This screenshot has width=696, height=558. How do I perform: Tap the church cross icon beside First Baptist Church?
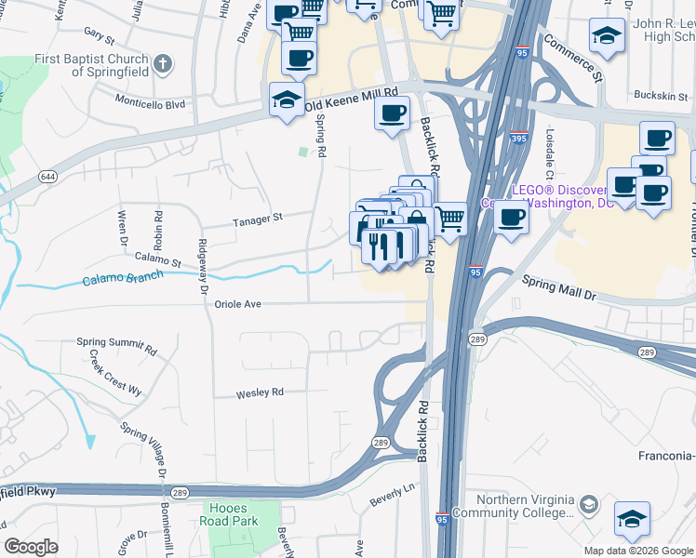[x=163, y=64]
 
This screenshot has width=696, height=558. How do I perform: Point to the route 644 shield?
[x=46, y=176]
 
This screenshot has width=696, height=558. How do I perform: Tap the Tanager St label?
[x=257, y=219]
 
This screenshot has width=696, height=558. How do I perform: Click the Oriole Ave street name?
[x=238, y=303]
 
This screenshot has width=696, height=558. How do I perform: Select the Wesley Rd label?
[x=259, y=392]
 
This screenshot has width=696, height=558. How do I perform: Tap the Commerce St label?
[x=573, y=56]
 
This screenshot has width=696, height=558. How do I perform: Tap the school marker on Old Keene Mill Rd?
[x=287, y=100]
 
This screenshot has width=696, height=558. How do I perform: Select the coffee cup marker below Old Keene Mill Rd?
[x=391, y=114]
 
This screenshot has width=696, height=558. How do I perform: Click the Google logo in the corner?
[x=31, y=547]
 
